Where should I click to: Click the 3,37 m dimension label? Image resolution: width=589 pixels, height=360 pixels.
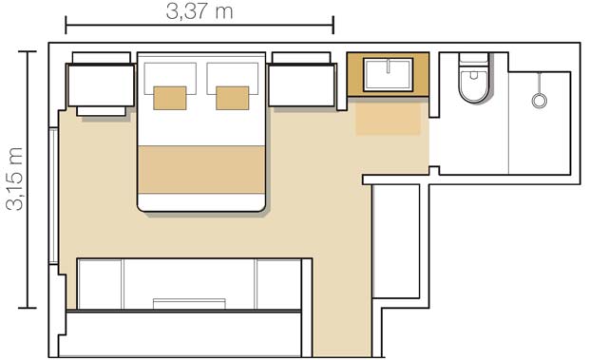tap(199, 11)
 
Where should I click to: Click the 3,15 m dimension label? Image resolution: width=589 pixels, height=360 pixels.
tap(14, 180)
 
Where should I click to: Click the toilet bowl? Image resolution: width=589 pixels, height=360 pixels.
tap(472, 87)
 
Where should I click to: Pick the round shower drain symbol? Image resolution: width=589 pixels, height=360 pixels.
tap(540, 98)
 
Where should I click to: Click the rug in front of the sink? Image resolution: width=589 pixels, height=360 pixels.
tap(389, 119)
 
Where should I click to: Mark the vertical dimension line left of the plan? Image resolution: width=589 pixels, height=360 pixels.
tap(29, 180)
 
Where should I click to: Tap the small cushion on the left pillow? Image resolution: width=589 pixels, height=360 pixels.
tap(170, 98)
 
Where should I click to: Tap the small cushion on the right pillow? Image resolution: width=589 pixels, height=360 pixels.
tap(233, 98)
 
